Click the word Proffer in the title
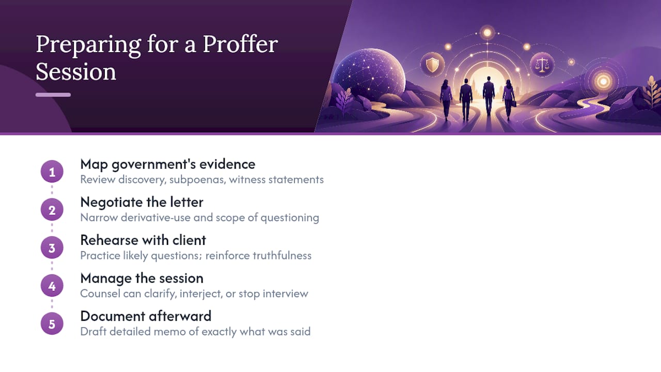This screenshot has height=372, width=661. click(x=240, y=45)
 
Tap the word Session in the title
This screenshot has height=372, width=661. click(x=76, y=72)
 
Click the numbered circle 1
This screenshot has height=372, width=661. click(x=52, y=172)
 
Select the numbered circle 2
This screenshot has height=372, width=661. click(x=52, y=210)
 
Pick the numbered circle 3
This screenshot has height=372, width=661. click(x=52, y=247)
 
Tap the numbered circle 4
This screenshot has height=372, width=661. click(x=52, y=286)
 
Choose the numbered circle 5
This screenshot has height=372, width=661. click(x=52, y=324)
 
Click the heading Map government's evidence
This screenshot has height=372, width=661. click(x=168, y=164)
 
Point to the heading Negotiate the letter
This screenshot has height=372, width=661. click(x=141, y=202)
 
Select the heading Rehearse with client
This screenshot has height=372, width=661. click(x=143, y=240)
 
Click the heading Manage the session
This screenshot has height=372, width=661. click(x=141, y=278)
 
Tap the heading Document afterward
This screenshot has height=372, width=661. click(x=146, y=316)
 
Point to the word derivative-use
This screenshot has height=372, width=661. click(x=156, y=218)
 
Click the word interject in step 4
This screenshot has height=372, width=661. click(x=201, y=294)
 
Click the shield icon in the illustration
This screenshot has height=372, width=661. click(x=432, y=65)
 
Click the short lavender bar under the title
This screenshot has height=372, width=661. click(x=53, y=95)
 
